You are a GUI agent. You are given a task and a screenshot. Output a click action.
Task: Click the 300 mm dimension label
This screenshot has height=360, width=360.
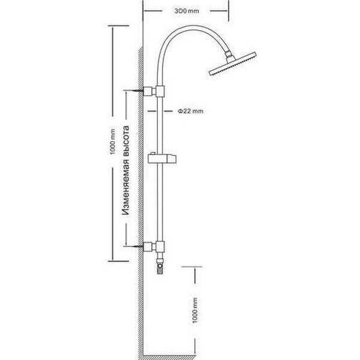(x=187, y=11)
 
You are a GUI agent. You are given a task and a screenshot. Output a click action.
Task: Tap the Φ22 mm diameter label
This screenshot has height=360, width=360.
(x=191, y=111)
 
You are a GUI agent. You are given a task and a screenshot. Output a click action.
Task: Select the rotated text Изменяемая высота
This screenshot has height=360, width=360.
(x=125, y=170)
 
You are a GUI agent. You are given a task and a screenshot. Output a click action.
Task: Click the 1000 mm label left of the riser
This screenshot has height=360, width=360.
(x=112, y=142)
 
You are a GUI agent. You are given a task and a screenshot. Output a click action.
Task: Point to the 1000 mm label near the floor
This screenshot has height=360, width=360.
(x=195, y=310)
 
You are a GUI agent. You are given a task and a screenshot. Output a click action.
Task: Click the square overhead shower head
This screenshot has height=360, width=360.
(x=232, y=64)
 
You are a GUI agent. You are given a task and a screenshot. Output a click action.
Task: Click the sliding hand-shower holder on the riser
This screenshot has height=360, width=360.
(x=162, y=158)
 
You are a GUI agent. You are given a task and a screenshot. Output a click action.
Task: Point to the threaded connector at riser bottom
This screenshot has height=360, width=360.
(x=160, y=266)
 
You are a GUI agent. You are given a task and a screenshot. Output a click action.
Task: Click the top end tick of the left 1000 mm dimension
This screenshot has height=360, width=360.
(x=118, y=26)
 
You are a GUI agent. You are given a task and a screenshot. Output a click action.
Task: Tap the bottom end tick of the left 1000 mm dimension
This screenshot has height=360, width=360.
(x=118, y=261)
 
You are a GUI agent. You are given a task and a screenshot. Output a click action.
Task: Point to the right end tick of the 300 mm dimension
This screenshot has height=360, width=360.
(x=229, y=11)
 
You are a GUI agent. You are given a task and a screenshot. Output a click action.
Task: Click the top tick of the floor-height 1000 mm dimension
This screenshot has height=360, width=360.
(x=192, y=267)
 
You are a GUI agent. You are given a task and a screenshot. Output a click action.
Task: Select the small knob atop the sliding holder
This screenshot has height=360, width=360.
(x=152, y=154)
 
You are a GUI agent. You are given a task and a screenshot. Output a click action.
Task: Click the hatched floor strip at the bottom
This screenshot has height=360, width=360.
(x=169, y=358)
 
